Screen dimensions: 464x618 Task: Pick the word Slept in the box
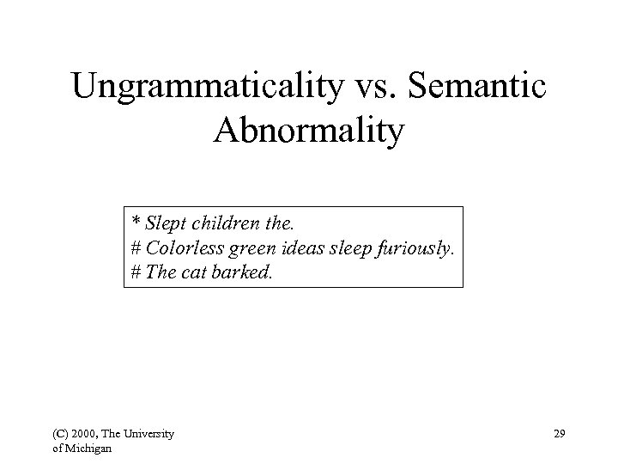click(164, 225)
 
